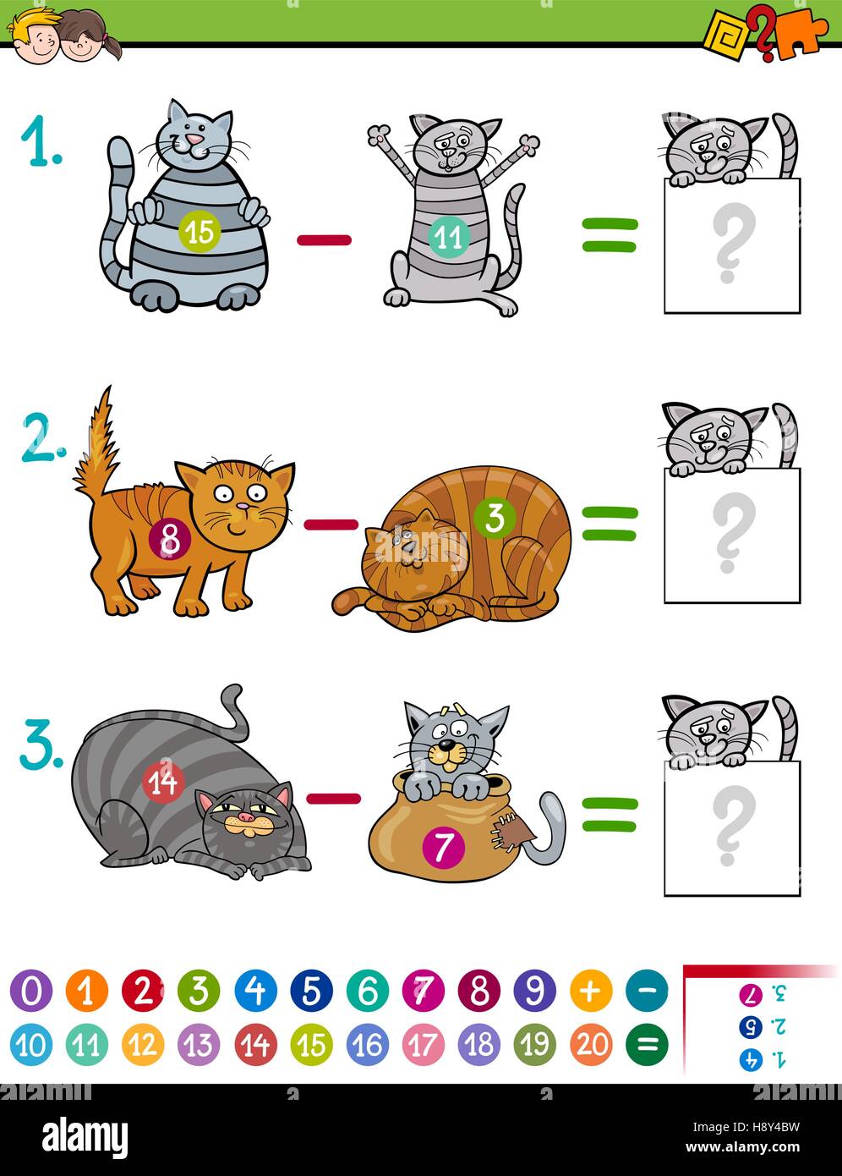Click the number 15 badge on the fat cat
pyautogui.click(x=200, y=231)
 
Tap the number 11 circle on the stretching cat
pyautogui.click(x=447, y=237)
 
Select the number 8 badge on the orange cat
pyautogui.click(x=169, y=540)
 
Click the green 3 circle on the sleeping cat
pyautogui.click(x=495, y=517)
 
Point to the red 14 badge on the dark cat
pyautogui.click(x=163, y=782)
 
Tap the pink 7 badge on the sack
pyautogui.click(x=444, y=845)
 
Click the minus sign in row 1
pyautogui.click(x=324, y=240)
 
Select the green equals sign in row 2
pyautogui.click(x=609, y=524)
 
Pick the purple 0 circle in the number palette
pyautogui.click(x=31, y=991)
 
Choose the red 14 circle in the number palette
pyautogui.click(x=255, y=1045)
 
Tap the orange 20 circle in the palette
pyautogui.click(x=591, y=1045)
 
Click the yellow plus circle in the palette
pyautogui.click(x=591, y=991)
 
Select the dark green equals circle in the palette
pyautogui.click(x=647, y=1045)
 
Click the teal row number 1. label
pyautogui.click(x=40, y=140)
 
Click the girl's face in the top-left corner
pyautogui.click(x=83, y=40)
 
